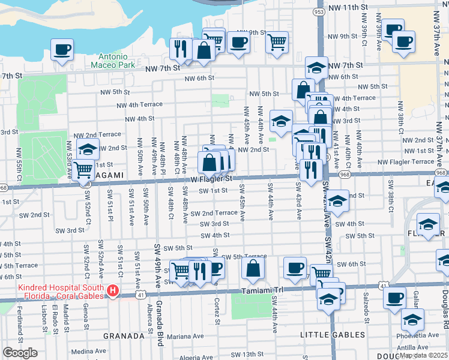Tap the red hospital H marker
tap(112, 291)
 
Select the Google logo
tap(20, 353)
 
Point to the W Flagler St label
tap(211, 178)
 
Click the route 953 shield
tap(319, 11)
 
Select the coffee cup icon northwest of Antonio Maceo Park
tap(62, 49)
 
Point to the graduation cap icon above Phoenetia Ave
tap(412, 319)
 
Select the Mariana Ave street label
tap(185, 336)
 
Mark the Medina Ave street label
tap(89, 352)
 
